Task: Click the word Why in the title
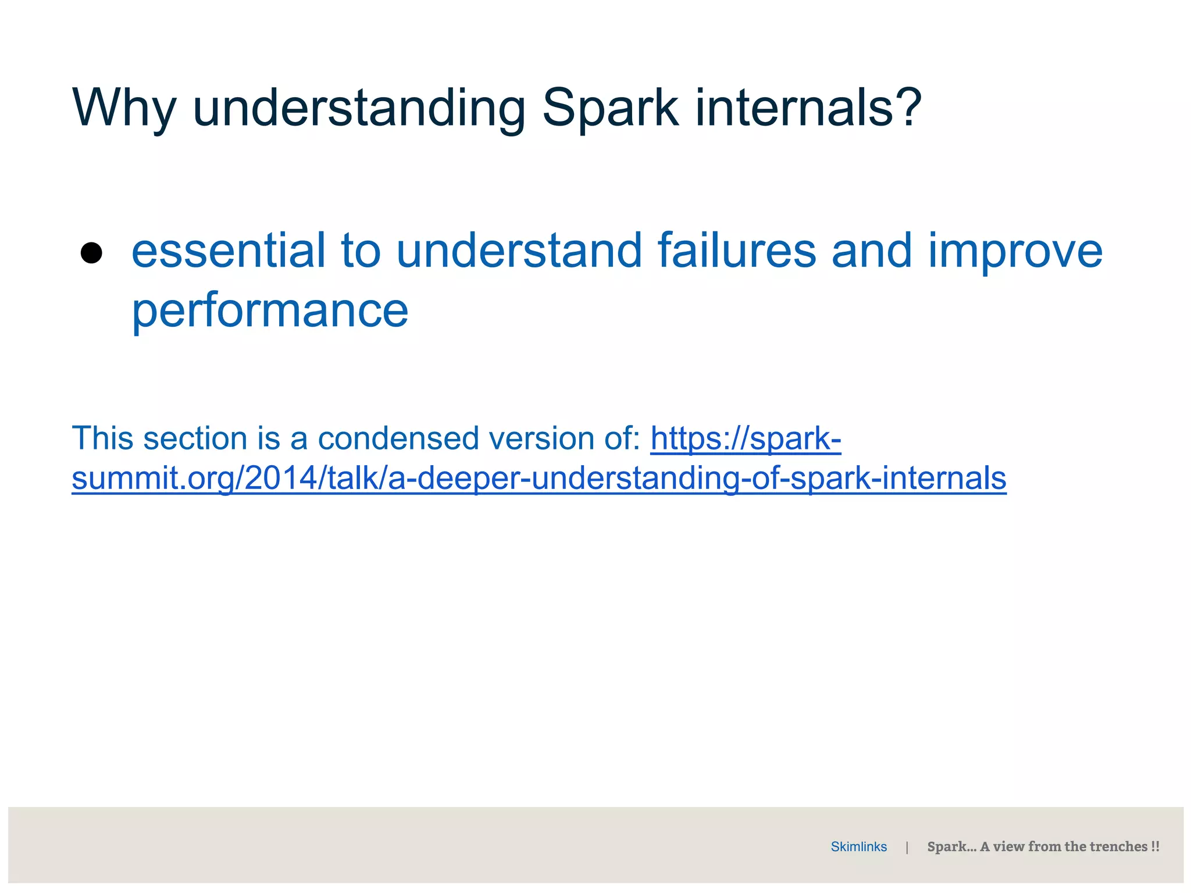(x=123, y=109)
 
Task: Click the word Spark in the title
(x=609, y=108)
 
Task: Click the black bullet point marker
(x=91, y=253)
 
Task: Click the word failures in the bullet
(x=737, y=251)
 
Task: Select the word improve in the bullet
(x=1015, y=252)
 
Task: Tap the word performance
(x=270, y=310)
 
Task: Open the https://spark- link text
(x=746, y=438)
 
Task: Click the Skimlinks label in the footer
(x=858, y=846)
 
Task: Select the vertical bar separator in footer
(x=907, y=848)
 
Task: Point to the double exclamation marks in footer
(x=1155, y=846)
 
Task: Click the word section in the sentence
(x=195, y=438)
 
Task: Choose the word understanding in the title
(x=359, y=109)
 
